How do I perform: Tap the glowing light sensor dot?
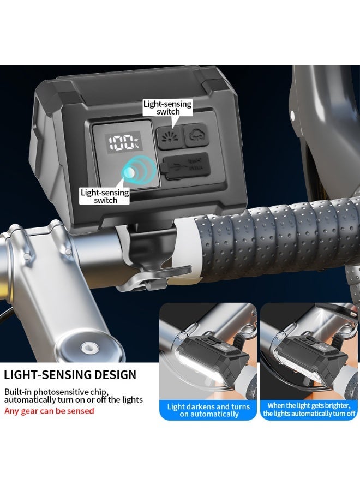(130, 172)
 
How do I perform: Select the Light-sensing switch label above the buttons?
(167, 107)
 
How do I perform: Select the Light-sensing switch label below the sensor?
(105, 196)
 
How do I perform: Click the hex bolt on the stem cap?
(86, 347)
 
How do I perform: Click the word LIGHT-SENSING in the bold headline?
(44, 375)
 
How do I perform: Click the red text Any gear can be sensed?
(49, 411)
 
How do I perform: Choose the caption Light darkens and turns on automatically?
(208, 410)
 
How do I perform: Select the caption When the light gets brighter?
(309, 406)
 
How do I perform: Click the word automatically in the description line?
(33, 400)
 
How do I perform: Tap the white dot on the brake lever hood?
(293, 116)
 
